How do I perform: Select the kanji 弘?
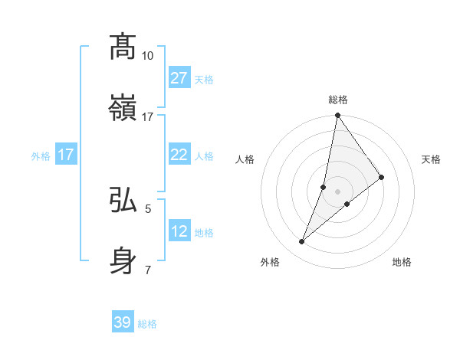(123, 200)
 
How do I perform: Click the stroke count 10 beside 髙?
(148, 56)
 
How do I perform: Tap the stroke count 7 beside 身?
(148, 270)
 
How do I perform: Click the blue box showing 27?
(179, 78)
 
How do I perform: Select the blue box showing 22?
(179, 155)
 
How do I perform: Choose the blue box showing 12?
(179, 231)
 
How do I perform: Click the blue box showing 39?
(123, 322)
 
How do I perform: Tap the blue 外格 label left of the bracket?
(41, 155)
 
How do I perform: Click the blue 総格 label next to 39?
(147, 324)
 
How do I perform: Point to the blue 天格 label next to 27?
(204, 80)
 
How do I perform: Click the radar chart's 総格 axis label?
(338, 100)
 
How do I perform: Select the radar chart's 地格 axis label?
(402, 262)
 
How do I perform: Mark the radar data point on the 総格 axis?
(337, 116)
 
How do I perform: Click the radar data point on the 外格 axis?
(301, 242)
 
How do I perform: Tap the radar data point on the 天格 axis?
(382, 177)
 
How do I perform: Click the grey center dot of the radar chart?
(337, 191)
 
